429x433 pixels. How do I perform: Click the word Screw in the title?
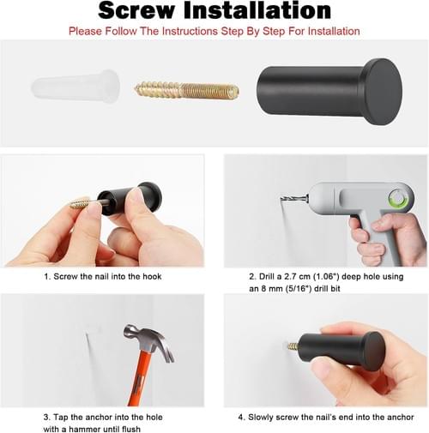point(136,10)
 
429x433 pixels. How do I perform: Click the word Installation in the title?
point(257,10)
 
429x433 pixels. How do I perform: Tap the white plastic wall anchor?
point(76,86)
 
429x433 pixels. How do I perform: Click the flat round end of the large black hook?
point(384,92)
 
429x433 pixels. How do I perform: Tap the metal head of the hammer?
point(148,340)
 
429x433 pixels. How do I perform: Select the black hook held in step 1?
point(130,199)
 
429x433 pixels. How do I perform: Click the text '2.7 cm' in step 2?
point(297,277)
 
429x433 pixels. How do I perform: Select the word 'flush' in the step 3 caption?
point(131,429)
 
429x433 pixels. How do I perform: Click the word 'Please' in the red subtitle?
point(86,31)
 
